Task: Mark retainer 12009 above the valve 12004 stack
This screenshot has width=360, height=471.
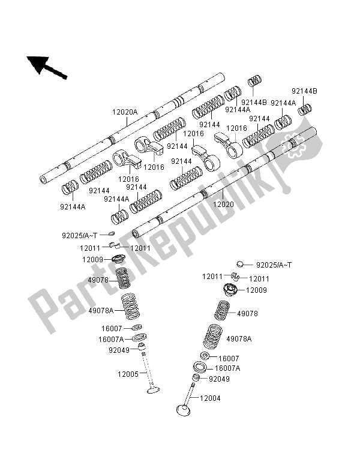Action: [230, 292]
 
